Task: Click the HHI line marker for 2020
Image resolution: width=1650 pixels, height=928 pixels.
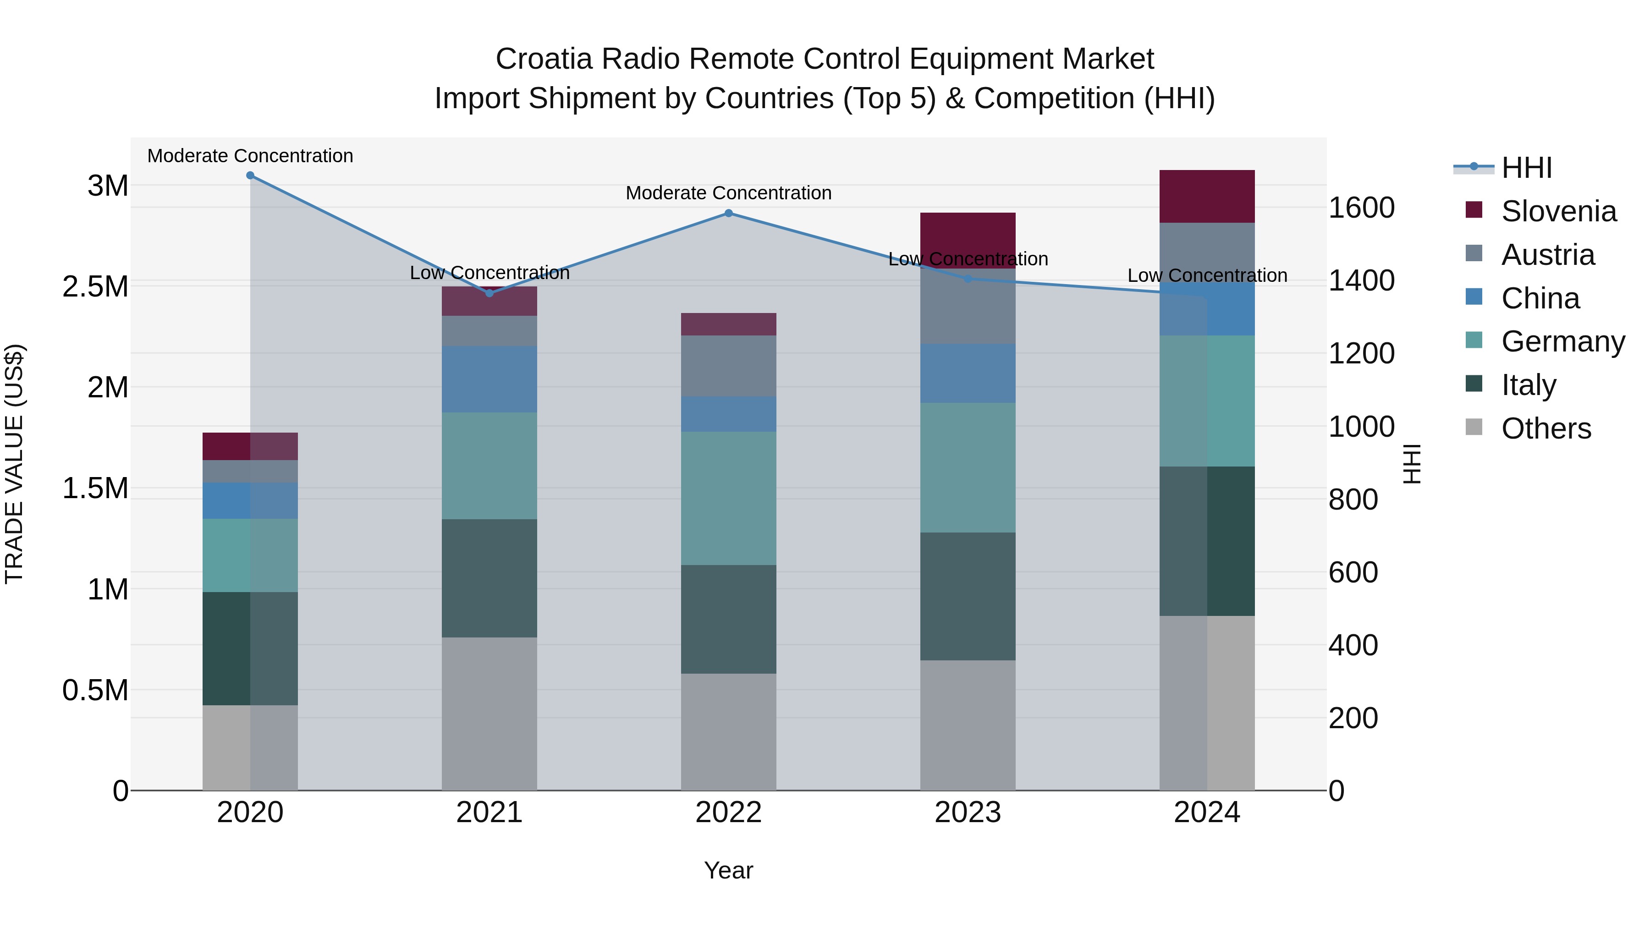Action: (250, 176)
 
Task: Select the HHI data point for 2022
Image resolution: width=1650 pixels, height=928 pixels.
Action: (728, 213)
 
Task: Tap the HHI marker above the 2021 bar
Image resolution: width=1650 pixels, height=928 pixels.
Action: (489, 293)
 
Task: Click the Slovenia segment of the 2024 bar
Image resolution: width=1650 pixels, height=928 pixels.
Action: (1207, 197)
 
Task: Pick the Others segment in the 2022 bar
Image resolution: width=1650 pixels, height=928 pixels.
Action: (728, 731)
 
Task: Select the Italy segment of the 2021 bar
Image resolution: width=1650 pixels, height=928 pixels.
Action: (489, 578)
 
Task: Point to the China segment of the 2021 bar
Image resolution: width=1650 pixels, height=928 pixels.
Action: (489, 379)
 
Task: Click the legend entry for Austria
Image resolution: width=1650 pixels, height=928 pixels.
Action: (1547, 255)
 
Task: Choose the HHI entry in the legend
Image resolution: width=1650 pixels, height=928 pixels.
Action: (1526, 168)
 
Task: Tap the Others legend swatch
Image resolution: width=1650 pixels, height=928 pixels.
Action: (1474, 427)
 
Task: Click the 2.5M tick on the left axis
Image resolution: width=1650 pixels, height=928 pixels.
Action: (95, 286)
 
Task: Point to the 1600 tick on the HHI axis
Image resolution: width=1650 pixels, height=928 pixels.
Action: (1362, 208)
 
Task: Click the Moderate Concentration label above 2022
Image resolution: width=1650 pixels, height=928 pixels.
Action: (728, 193)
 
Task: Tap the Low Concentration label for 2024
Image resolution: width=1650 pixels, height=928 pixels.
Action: (1207, 275)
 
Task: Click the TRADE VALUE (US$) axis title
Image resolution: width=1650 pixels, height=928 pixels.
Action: (14, 464)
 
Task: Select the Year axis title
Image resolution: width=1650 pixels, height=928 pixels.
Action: (728, 870)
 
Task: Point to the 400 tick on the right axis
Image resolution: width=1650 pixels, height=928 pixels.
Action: (1353, 645)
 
